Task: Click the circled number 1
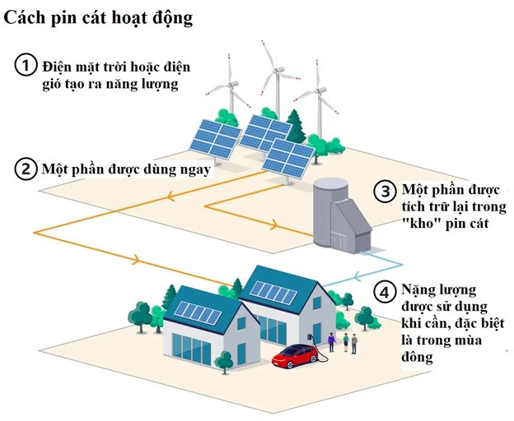tap(26, 65)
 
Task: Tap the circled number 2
tap(26, 169)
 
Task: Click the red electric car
tap(296, 355)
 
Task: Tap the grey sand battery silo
tap(342, 215)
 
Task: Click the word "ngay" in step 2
tap(195, 171)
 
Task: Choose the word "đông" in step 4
tap(417, 357)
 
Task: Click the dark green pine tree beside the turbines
tap(295, 127)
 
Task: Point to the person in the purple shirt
tap(332, 342)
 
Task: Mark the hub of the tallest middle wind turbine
tap(278, 71)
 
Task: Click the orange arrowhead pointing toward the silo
tap(274, 225)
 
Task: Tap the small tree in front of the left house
tap(224, 362)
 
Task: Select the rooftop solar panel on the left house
tap(198, 313)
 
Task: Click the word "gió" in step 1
tap(50, 85)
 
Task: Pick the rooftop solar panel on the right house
tap(273, 292)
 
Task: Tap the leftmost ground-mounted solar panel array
tap(215, 139)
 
